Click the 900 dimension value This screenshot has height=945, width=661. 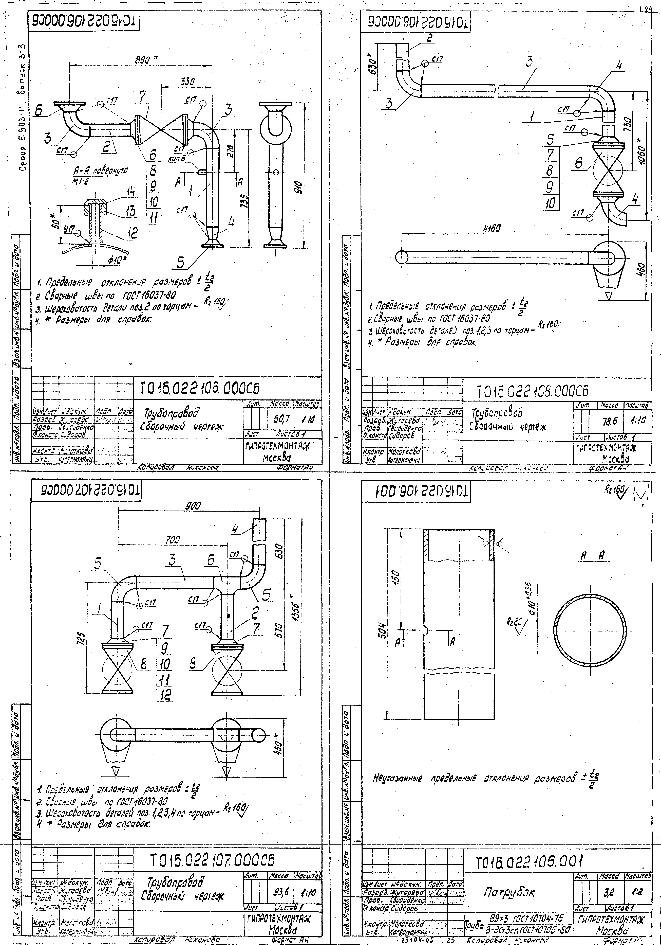[x=192, y=507]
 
